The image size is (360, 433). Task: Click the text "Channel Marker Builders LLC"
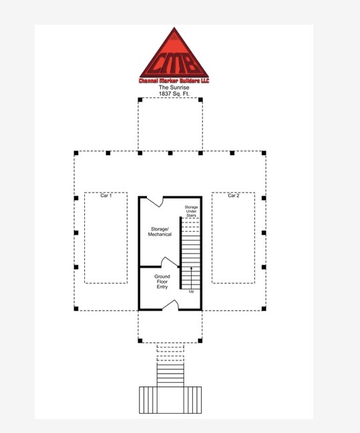click(x=174, y=81)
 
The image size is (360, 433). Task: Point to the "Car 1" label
click(x=106, y=196)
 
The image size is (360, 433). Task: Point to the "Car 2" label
click(x=233, y=196)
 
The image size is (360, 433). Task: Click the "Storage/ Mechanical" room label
click(x=160, y=231)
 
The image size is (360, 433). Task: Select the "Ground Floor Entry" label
click(x=162, y=281)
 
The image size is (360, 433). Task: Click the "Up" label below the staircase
click(x=192, y=291)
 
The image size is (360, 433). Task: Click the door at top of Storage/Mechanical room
click(x=155, y=200)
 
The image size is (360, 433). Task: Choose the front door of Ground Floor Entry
click(x=170, y=306)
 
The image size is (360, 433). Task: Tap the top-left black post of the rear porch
click(x=140, y=100)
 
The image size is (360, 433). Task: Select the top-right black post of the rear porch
click(x=201, y=100)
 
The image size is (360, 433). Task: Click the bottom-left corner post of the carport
click(x=76, y=308)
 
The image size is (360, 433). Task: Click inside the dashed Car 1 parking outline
click(x=106, y=241)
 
